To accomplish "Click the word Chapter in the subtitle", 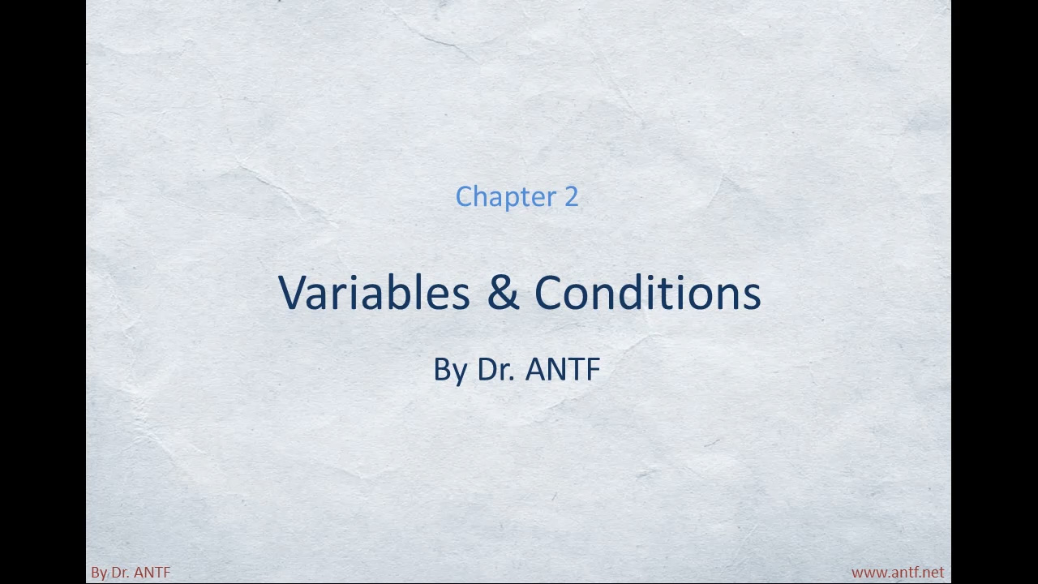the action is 506,197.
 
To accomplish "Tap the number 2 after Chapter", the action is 572,196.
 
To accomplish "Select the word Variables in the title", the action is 374,293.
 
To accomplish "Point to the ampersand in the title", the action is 503,293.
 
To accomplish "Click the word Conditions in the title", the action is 648,293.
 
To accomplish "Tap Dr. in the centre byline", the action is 496,369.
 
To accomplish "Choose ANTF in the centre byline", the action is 563,369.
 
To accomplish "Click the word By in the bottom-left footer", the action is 99,573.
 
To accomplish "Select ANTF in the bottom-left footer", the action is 152,573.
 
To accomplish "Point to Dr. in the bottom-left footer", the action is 120,573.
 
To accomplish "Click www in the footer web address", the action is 868,573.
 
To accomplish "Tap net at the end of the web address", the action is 934,573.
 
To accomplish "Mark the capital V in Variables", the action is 294,293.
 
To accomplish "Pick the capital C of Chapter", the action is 464,196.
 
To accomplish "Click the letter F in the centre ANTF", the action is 594,369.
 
